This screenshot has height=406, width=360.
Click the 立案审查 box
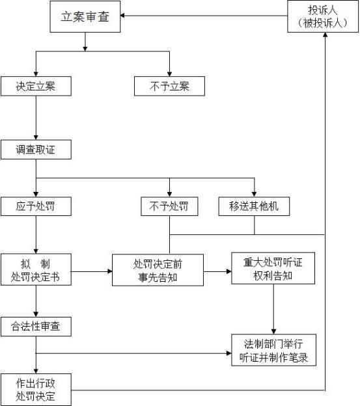85,16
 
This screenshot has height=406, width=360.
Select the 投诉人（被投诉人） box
323,16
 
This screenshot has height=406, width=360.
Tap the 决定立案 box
36,86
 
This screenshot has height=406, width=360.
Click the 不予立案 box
169,86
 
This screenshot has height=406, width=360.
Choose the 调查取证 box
36,150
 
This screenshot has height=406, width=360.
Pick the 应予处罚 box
36,206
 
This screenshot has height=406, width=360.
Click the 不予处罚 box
169,206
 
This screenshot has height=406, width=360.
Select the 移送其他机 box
254,206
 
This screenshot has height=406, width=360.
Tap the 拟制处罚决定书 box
36,269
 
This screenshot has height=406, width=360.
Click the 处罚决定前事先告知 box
158,270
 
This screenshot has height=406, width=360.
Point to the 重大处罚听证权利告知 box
273,268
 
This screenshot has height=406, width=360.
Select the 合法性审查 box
36,327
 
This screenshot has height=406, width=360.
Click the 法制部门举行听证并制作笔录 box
273,350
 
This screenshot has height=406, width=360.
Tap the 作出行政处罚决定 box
36,390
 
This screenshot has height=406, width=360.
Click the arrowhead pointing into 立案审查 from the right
122,16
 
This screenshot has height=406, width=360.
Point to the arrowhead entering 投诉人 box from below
325,34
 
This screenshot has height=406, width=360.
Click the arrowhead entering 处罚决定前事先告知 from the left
110,271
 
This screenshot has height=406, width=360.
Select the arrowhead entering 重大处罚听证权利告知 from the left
229,271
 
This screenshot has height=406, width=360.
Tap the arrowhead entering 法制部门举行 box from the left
229,353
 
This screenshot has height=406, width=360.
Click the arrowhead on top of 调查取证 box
36,137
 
